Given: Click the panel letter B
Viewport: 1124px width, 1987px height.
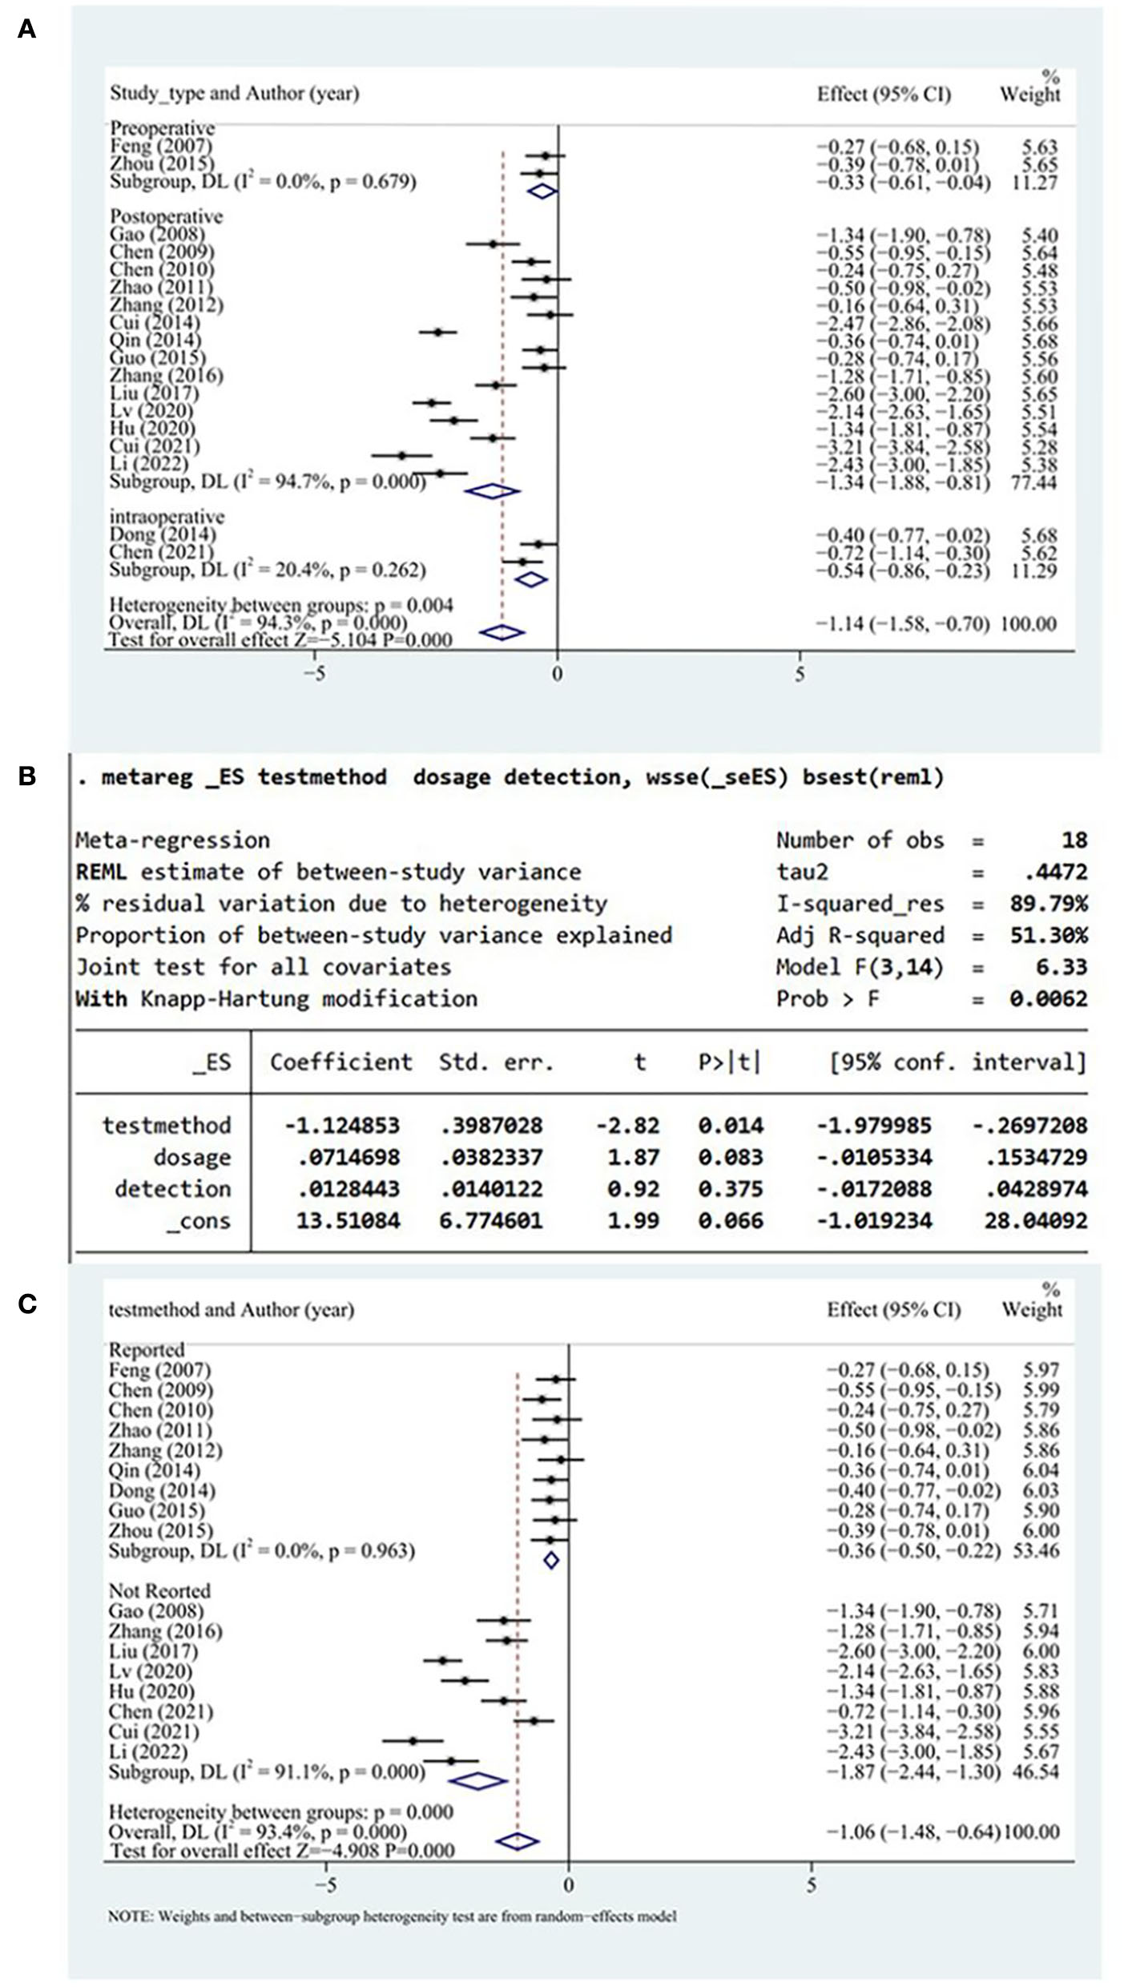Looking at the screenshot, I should (x=26, y=776).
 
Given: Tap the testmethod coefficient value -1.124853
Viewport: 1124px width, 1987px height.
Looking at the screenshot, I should (x=341, y=1126).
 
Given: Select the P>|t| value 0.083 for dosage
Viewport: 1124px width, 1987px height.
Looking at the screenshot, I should (x=730, y=1157).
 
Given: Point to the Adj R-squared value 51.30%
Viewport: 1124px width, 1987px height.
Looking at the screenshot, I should (x=1048, y=935).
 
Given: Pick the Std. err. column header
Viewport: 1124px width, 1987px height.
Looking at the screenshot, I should (x=496, y=1062).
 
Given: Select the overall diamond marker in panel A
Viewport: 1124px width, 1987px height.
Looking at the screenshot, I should (x=502, y=633).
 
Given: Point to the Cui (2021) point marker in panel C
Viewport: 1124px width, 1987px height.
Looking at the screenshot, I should (x=413, y=1740).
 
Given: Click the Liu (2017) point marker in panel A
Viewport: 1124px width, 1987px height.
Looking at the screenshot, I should (x=432, y=403).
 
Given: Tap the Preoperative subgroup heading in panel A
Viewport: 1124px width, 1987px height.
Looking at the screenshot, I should (x=162, y=128).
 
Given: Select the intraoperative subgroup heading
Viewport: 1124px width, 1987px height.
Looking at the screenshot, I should (x=167, y=517).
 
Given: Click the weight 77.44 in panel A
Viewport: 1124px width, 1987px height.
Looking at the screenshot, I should (x=1033, y=482).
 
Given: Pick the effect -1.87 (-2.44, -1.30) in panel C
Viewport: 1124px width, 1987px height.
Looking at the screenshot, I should (x=913, y=1771).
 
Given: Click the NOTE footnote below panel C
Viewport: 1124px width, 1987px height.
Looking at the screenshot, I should (x=392, y=1916).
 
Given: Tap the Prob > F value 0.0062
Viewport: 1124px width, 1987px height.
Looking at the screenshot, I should (x=1048, y=999).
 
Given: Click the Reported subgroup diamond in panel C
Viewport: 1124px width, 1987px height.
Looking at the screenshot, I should (x=551, y=1560).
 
